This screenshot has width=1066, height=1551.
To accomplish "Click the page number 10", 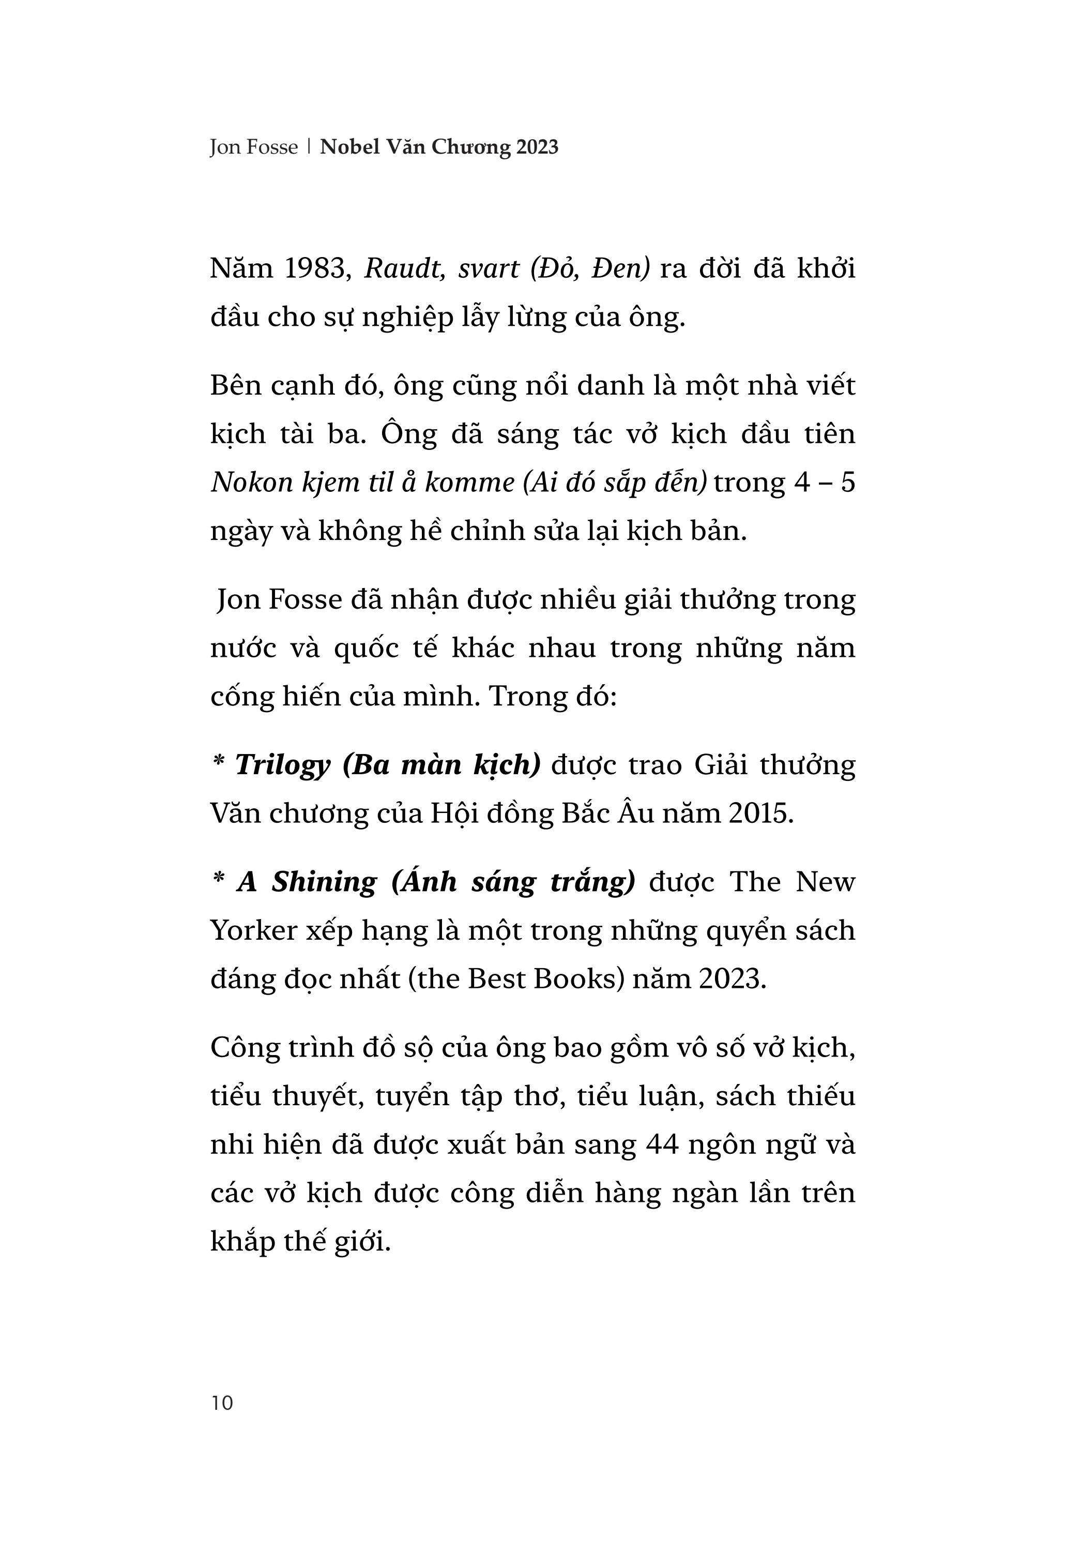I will [222, 1402].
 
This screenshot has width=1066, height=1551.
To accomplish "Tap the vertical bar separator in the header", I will [309, 147].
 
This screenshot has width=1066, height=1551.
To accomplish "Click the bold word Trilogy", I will [283, 765].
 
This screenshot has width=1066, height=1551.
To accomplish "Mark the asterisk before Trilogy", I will [218, 762].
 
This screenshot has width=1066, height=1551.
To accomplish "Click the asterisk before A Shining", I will [218, 879].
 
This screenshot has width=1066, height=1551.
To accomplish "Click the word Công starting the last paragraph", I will [243, 1048].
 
